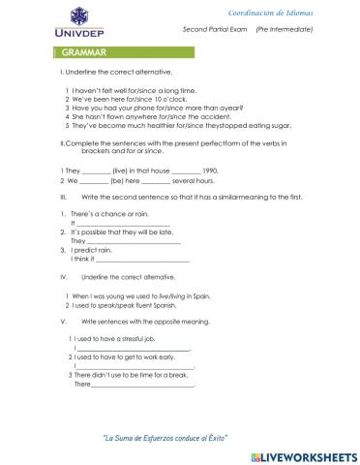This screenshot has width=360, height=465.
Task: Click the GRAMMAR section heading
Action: (x=82, y=50)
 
